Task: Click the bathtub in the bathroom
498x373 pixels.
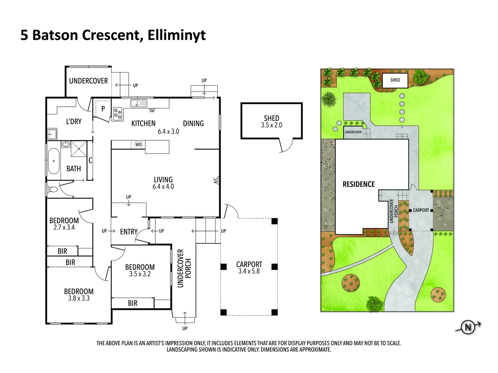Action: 53,161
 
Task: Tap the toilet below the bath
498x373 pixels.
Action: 53,190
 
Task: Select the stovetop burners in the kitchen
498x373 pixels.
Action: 118,114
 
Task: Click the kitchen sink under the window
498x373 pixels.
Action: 139,103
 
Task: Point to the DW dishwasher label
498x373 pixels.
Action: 152,111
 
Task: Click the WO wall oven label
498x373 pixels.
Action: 138,144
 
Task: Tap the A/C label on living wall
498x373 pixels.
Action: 215,180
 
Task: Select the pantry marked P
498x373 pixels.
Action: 103,109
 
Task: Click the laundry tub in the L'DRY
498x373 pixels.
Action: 52,134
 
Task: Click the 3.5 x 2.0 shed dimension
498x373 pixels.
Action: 271,125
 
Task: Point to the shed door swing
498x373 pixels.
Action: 286,145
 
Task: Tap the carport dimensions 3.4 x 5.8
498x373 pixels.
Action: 249,271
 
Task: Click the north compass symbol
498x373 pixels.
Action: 468,327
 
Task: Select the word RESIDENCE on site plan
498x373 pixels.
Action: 359,184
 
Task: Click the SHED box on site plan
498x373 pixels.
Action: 395,80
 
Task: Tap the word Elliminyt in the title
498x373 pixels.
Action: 176,35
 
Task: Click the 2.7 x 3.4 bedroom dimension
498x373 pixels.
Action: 64,228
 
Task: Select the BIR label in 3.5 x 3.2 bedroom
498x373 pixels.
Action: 132,303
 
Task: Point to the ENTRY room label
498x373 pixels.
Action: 129,232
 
